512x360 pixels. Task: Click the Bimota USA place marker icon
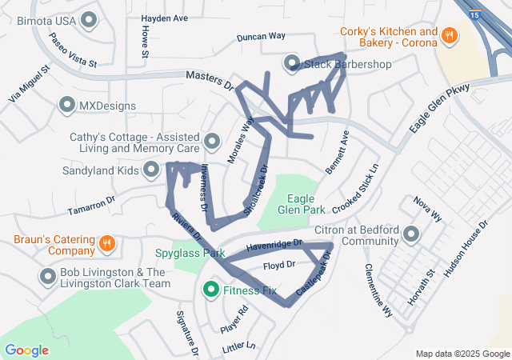pos(89,19)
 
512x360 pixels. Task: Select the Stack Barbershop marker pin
pos(292,63)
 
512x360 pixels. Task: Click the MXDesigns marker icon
pos(67,105)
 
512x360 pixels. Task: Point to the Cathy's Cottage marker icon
pos(212,142)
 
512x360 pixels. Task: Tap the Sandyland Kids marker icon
pos(151,170)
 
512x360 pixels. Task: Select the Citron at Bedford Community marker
pos(412,234)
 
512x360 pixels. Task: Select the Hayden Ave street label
pos(164,18)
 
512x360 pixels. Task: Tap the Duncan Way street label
pos(262,37)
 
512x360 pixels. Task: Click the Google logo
pos(26,350)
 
